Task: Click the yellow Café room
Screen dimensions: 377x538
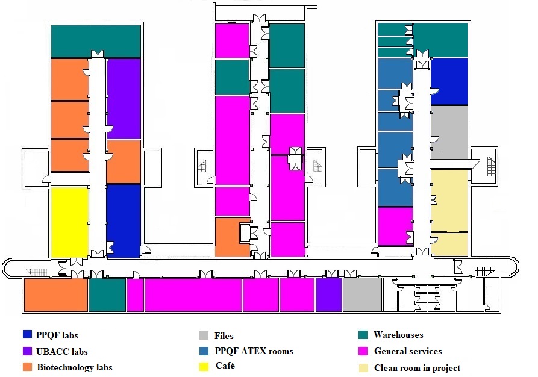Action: click(x=69, y=222)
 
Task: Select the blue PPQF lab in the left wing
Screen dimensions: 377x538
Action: click(x=124, y=220)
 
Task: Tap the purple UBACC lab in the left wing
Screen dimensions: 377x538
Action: click(x=124, y=98)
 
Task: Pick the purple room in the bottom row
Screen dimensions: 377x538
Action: click(x=328, y=295)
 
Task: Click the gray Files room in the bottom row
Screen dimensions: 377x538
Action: click(x=362, y=295)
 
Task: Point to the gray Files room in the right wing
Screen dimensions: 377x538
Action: click(x=449, y=132)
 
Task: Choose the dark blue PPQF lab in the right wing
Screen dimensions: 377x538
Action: click(x=449, y=81)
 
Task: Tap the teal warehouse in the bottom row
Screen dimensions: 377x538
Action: click(x=107, y=295)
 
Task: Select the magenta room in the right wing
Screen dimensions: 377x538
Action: click(x=395, y=226)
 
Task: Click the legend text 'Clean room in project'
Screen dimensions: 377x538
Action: click(x=417, y=368)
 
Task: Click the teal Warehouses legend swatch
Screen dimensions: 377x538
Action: click(x=363, y=335)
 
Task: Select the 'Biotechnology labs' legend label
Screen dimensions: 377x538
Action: click(x=74, y=367)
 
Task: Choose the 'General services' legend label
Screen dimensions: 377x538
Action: click(x=408, y=351)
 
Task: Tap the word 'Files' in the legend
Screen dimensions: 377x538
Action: click(x=224, y=336)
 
